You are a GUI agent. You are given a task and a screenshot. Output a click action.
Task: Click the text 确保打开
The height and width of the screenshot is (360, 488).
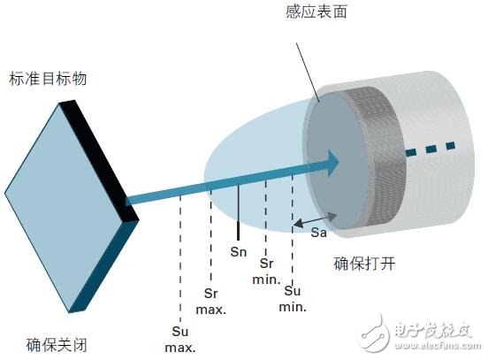coord(361,262)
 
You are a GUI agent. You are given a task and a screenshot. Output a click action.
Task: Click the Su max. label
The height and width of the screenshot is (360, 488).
coord(180,338)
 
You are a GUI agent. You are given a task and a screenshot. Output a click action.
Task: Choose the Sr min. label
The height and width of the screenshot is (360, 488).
coord(268,271)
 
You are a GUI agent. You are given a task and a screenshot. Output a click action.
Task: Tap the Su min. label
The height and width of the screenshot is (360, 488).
coord(293,298)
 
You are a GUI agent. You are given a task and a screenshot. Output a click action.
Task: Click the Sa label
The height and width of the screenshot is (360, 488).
coord(321,233)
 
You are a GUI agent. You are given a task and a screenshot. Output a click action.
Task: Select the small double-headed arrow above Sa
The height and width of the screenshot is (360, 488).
coord(316,218)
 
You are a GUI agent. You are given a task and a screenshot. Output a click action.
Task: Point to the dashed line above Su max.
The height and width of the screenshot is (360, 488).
coord(180,257)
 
